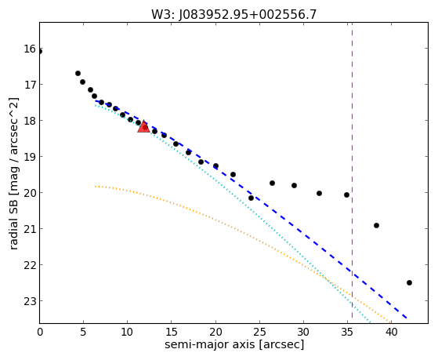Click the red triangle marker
tap(143, 127)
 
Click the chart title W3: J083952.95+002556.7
tap(233, 15)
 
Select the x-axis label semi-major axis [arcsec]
tap(234, 344)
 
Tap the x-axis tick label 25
tap(259, 332)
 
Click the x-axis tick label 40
tap(391, 332)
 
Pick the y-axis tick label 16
tap(30, 49)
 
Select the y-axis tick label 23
tap(30, 301)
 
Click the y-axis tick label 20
tap(30, 193)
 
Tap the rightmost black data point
tap(409, 283)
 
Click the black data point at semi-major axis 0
tap(40, 52)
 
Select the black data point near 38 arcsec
tap(376, 225)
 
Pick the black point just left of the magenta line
tap(346, 195)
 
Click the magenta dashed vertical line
tap(352, 170)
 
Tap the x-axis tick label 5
tap(83, 332)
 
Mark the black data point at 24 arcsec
tap(251, 198)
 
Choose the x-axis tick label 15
tap(172, 332)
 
